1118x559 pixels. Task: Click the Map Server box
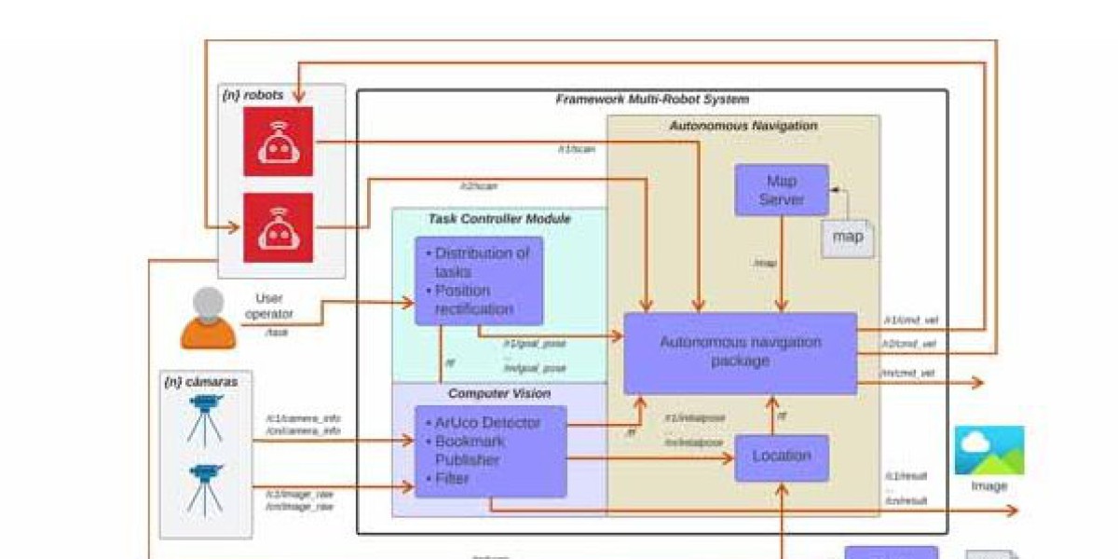[781, 190]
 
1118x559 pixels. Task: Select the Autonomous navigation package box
[740, 352]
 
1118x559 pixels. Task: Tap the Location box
[781, 457]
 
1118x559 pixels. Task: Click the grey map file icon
[848, 238]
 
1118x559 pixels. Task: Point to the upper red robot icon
[278, 141]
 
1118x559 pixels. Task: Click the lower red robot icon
[278, 227]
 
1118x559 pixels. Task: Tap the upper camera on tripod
[204, 416]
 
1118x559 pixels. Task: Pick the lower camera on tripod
[204, 488]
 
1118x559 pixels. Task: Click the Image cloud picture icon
[988, 451]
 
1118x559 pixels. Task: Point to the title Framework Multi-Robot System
[652, 99]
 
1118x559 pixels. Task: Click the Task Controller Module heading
[499, 219]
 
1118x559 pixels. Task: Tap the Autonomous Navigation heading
[743, 125]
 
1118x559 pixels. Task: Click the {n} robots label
[252, 95]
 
